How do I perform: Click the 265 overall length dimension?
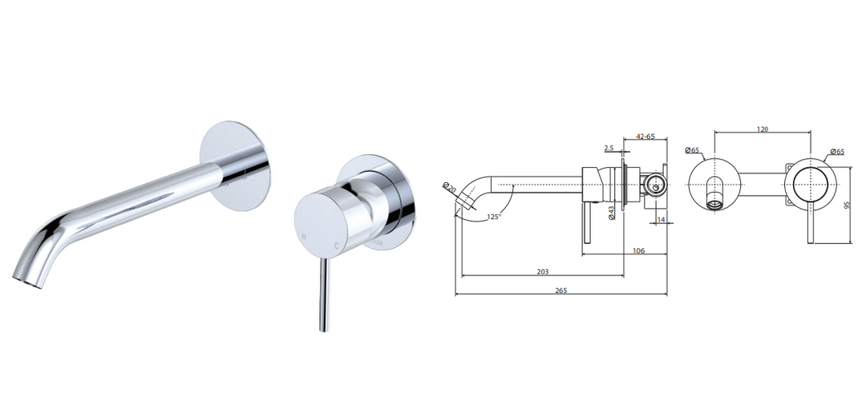click(560, 290)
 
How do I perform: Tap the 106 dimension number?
click(638, 250)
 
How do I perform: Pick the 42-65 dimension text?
click(645, 136)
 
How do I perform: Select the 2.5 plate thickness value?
click(609, 149)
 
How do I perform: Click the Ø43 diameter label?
click(611, 212)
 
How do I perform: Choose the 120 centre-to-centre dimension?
click(763, 128)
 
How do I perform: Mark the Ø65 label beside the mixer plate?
click(836, 151)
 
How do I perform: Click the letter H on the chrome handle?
click(303, 238)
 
